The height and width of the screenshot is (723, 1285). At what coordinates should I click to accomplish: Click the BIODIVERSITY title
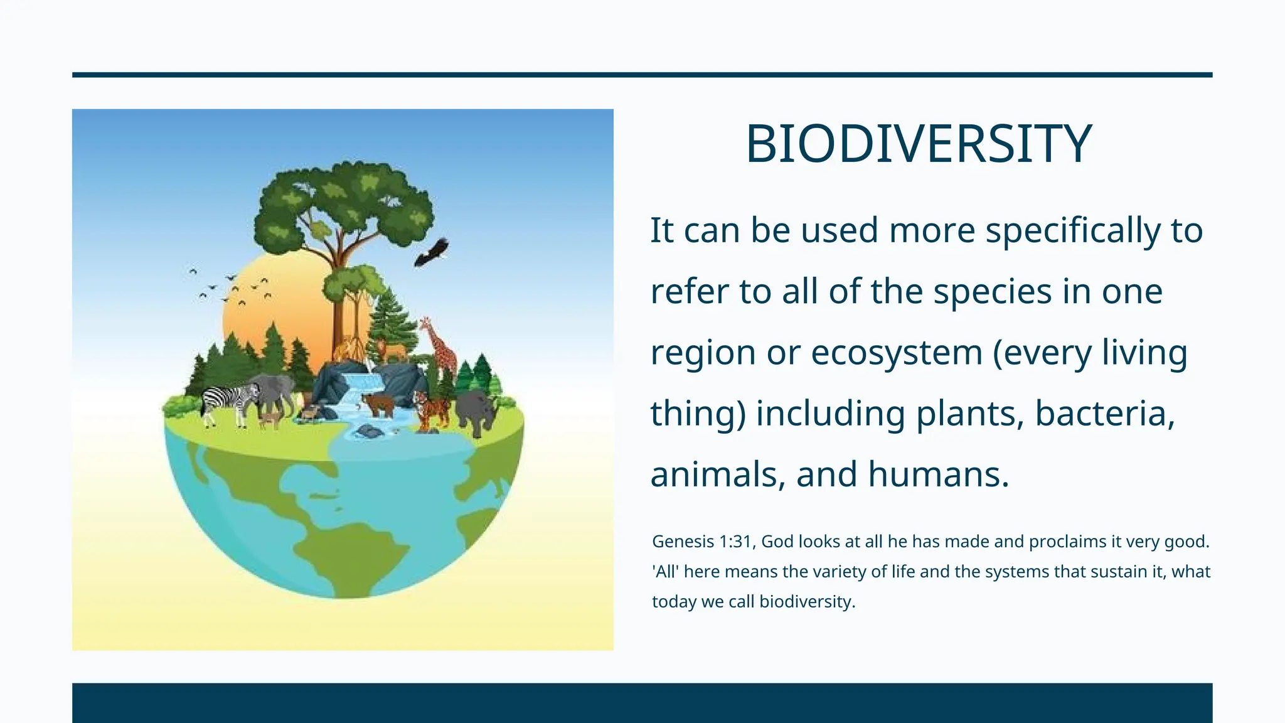point(919,144)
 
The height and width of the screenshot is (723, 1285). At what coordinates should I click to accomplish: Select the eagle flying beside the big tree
point(431,252)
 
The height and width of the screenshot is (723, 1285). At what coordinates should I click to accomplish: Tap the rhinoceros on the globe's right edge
point(477,411)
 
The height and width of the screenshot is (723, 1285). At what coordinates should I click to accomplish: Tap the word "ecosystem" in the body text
point(896,352)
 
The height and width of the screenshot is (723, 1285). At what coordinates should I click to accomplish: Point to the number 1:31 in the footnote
point(735,542)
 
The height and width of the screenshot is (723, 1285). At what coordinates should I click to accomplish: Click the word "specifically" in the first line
point(1073,230)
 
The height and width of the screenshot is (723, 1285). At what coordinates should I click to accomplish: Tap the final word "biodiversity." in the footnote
point(807,602)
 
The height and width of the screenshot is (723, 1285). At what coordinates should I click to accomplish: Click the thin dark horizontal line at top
point(642,75)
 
